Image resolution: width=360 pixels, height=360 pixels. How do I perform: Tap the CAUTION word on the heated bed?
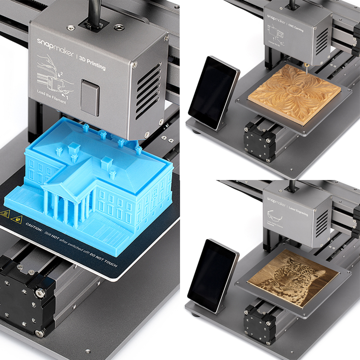coord(34,226)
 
